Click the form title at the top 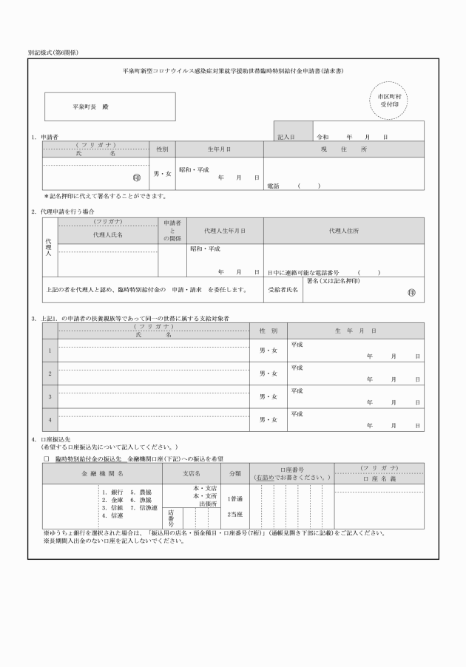(233, 71)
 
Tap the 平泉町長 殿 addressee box (110, 106)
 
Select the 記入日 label (286, 138)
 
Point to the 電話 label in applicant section (273, 186)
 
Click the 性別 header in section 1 (161, 149)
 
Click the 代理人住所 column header (344, 231)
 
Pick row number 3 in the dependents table (50, 397)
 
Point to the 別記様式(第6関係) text (53, 53)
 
